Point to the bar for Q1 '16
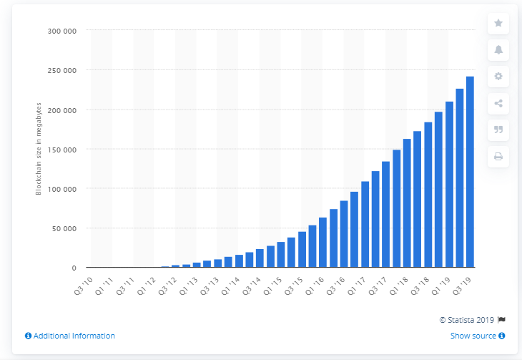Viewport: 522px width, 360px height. [323, 243]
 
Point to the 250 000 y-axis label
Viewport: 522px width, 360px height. [62, 70]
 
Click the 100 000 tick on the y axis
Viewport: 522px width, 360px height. [62, 189]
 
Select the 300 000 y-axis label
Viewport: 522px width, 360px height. [62, 31]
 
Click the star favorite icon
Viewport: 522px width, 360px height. [498, 24]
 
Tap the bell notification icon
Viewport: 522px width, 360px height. [498, 50]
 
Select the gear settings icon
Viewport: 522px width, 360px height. [498, 77]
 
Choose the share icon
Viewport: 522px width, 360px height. [498, 103]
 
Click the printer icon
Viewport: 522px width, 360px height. [498, 156]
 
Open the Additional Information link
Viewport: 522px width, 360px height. [69, 336]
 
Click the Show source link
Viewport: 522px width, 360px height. [478, 336]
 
